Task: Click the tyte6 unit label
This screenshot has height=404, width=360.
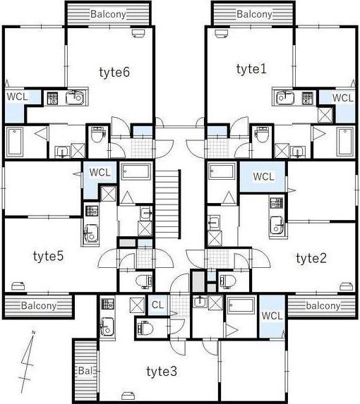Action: (114, 73)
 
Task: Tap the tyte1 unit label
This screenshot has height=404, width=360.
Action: (251, 69)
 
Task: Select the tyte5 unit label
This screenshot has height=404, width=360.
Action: (48, 256)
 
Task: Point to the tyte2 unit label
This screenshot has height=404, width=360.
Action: (311, 258)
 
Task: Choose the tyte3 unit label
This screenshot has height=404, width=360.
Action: (162, 372)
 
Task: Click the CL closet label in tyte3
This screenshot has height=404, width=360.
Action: (157, 305)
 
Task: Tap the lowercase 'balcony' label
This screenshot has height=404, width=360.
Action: (323, 306)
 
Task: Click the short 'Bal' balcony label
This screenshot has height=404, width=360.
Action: (85, 371)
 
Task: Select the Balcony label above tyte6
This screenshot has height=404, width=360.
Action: (108, 14)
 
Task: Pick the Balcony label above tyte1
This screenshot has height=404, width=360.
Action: (254, 14)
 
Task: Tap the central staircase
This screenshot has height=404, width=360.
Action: (167, 204)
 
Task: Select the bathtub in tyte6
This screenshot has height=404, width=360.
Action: (15, 142)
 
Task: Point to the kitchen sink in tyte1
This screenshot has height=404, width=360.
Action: (284, 97)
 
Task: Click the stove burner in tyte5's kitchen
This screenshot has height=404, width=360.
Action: (91, 211)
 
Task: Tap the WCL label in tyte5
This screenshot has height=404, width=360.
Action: (100, 172)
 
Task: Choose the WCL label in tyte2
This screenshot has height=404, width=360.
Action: (263, 177)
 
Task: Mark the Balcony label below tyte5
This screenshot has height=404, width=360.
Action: (39, 306)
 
